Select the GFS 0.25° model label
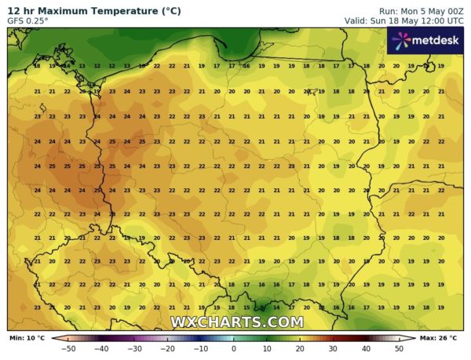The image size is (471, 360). click(29, 20)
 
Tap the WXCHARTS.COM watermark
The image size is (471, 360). click(237, 322)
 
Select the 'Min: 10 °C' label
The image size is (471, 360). click(27, 337)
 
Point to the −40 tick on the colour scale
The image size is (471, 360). click(102, 347)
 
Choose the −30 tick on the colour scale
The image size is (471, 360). click(135, 347)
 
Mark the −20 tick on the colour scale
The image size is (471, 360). click(168, 347)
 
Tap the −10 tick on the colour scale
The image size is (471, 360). click(201, 347)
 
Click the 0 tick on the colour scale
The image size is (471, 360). click(234, 347)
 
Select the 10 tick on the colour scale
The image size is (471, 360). click(267, 347)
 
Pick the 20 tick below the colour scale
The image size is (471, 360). click(300, 347)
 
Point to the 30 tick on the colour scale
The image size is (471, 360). click(333, 347)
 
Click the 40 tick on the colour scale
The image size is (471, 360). click(366, 347)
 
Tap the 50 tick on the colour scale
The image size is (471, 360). click(399, 347)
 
